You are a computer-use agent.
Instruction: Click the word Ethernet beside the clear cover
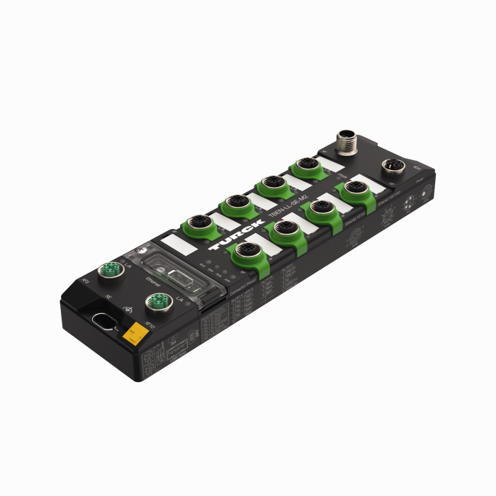[152, 281]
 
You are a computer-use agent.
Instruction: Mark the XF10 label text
[150, 325]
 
